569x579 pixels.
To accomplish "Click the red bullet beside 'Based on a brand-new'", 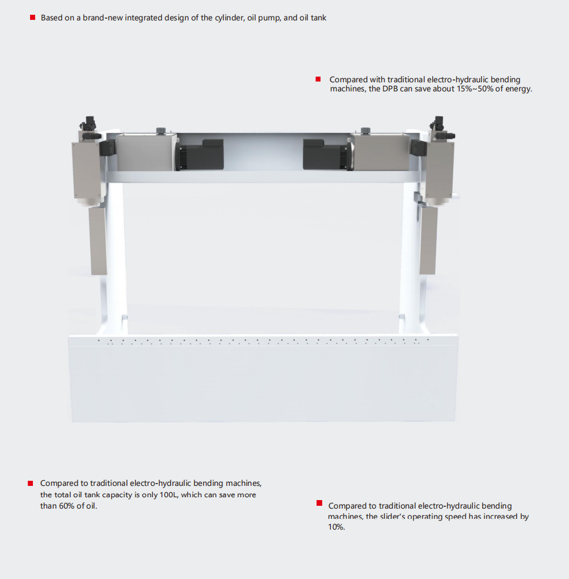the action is coord(32,18).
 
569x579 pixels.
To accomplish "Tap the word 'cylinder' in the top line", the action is coord(229,18).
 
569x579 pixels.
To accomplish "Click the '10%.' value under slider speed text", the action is coord(336,527).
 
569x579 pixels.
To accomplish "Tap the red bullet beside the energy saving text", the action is coord(318,79).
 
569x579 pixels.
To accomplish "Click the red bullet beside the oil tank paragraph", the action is coord(30,483).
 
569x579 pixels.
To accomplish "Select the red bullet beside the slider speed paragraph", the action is coord(319,503).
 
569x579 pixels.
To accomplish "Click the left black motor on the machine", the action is coord(199,155).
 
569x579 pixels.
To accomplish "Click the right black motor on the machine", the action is coord(327,155).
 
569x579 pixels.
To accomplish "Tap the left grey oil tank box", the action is coord(146,152).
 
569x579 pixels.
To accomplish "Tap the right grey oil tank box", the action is coord(381,152).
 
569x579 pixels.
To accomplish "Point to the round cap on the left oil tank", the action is coord(161,131).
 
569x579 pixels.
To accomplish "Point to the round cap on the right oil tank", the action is coord(365,131).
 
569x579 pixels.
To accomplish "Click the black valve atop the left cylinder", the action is coord(89,124).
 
